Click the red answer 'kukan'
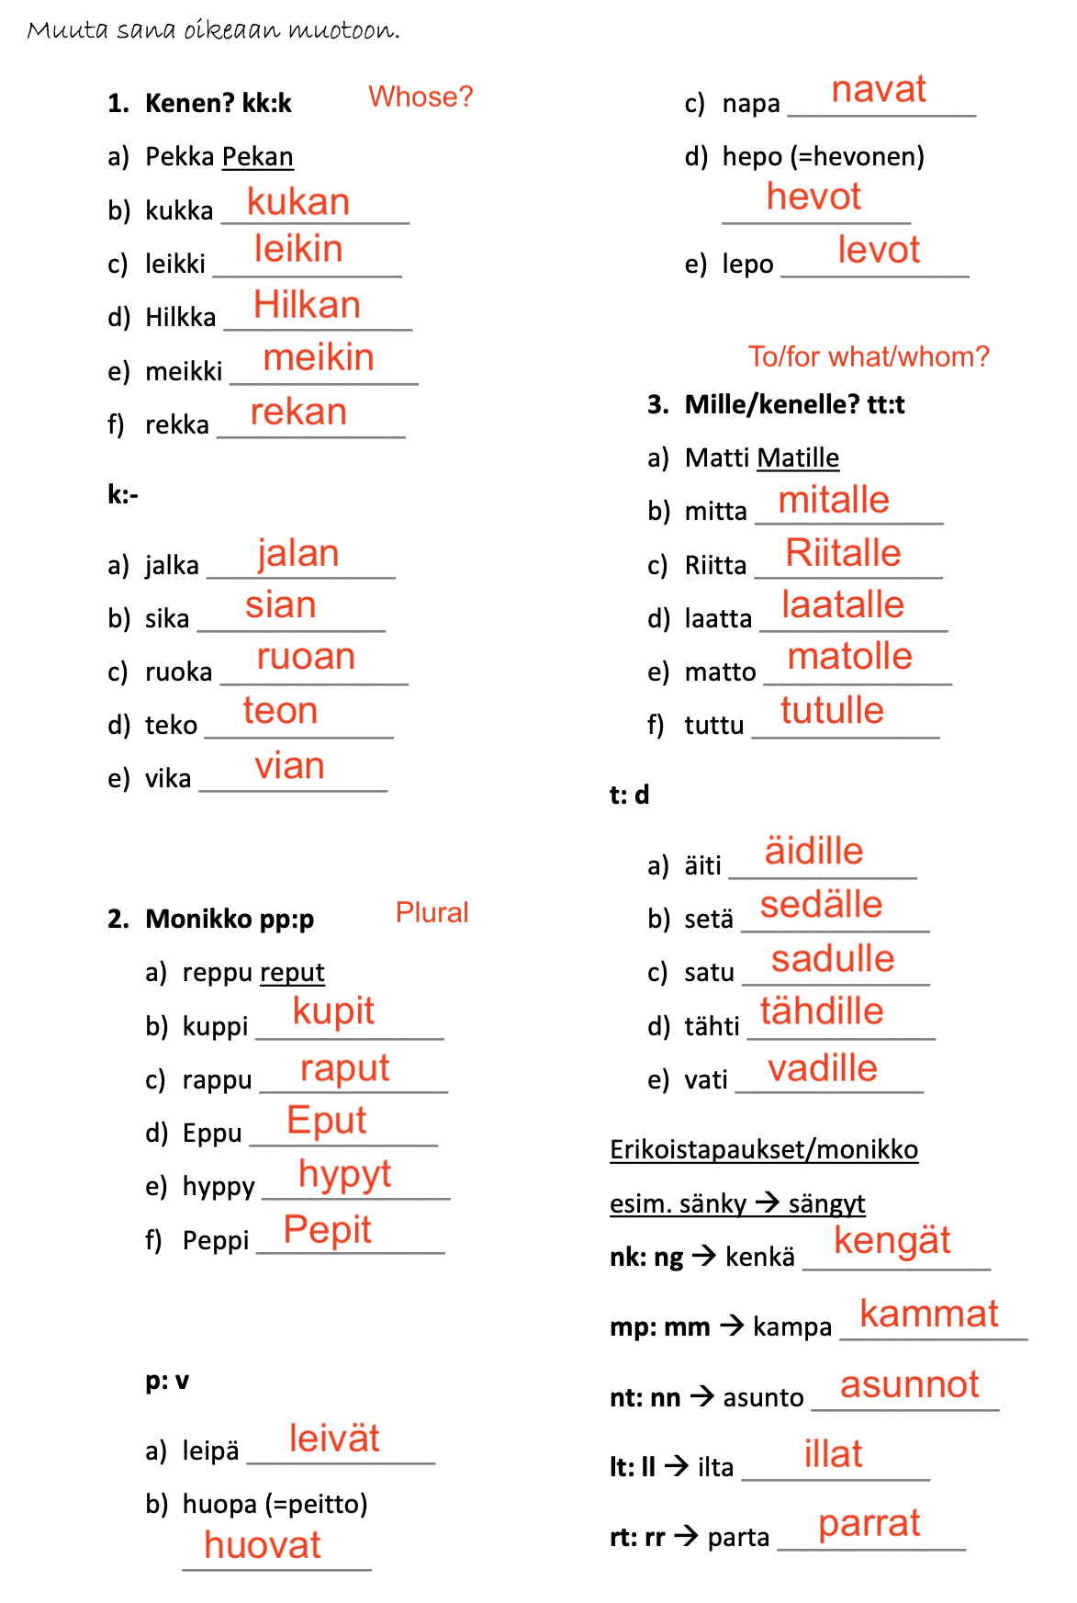point(297,202)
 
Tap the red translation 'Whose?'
point(421,96)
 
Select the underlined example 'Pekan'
point(258,157)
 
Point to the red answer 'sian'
point(280,605)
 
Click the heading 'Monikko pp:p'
point(230,919)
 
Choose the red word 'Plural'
point(432,912)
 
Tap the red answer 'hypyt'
point(344,1175)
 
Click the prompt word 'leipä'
point(210,1451)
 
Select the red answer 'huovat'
point(262,1545)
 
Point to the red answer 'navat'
point(878,90)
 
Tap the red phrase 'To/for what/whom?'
point(869,356)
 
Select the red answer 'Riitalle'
point(843,553)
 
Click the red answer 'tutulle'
point(832,710)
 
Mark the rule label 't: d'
point(629,795)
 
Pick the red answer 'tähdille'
point(821,1011)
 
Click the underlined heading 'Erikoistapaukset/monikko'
point(763,1150)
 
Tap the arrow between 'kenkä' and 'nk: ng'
point(704,1256)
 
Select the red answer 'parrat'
point(869,1523)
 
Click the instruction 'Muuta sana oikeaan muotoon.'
point(213,30)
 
